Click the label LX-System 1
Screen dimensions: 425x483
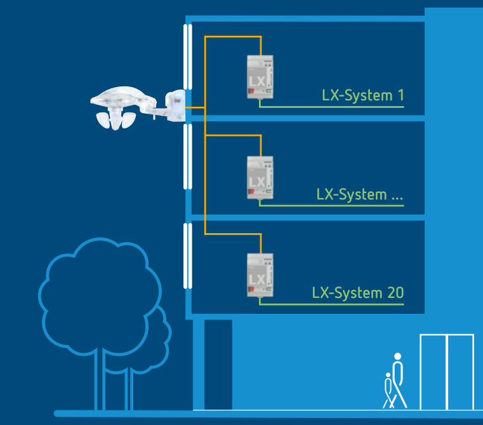click(x=362, y=96)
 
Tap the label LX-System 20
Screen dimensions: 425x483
click(x=357, y=293)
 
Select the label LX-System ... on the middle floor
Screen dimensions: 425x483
click(x=360, y=194)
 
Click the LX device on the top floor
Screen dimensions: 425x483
click(x=260, y=77)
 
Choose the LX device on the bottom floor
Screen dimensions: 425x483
click(x=260, y=274)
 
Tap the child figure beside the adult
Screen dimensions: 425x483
click(x=388, y=391)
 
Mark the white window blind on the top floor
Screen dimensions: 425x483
click(x=187, y=57)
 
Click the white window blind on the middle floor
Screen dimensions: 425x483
click(x=187, y=156)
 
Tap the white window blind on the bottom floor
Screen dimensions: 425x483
click(x=187, y=255)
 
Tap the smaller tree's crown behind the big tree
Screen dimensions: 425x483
click(x=159, y=337)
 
